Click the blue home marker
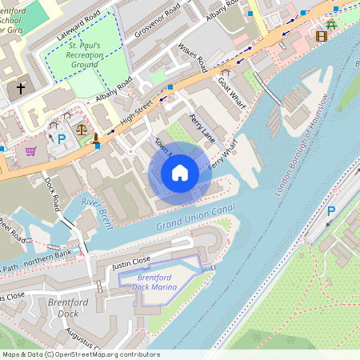coord(180,173)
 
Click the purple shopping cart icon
coord(30,150)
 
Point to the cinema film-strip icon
coord(322,35)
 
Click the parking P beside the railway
coord(331,212)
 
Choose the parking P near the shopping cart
coord(62,139)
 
